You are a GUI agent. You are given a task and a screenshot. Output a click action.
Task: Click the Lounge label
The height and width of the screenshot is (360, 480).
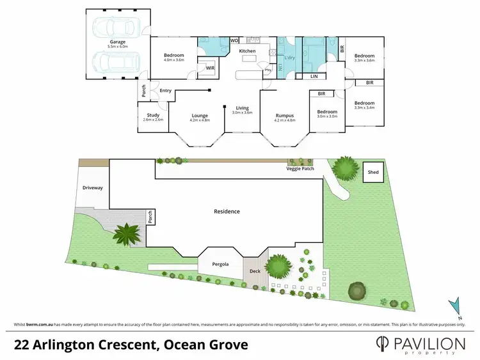[x=200, y=115]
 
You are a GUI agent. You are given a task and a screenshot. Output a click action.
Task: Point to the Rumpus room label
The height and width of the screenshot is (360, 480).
[x=285, y=115]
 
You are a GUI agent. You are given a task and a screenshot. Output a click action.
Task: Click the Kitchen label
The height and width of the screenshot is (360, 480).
[x=247, y=51]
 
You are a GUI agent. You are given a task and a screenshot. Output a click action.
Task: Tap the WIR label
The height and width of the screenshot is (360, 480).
[x=210, y=67]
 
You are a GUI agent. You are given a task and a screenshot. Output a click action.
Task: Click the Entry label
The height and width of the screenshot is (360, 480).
[x=166, y=90]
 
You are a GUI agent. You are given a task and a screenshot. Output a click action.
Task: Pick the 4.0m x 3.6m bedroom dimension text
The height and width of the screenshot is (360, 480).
[x=174, y=60]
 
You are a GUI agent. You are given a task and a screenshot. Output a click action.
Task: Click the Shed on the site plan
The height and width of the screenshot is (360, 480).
[x=373, y=172]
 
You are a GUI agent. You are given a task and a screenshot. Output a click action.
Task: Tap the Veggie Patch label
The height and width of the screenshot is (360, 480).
[x=300, y=169]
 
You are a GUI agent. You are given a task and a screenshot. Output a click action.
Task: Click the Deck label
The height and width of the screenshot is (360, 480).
[x=255, y=271]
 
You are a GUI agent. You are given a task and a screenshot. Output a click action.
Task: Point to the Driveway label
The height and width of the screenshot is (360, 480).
[x=92, y=188]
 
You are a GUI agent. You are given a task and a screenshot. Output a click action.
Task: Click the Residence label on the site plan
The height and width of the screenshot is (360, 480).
[x=227, y=211]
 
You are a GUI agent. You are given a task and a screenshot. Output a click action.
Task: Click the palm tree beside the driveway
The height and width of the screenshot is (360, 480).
[x=129, y=234]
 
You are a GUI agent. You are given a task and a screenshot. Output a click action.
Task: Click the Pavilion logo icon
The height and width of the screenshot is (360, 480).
[x=383, y=345]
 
